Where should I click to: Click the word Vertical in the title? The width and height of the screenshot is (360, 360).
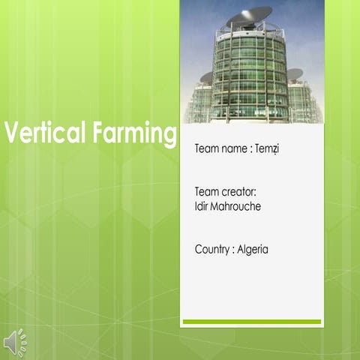coord(46,134)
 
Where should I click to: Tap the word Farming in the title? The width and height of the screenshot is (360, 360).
coord(134,136)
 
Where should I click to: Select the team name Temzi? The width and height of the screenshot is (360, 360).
coord(266,148)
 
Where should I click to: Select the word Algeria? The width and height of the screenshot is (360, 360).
coord(253,249)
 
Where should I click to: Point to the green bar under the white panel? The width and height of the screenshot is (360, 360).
coord(251,321)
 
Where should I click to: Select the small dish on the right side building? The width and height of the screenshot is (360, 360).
coord(295,73)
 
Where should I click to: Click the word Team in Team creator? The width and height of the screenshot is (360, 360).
coord(206,192)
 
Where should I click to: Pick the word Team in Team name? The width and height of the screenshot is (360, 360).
coord(206,148)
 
